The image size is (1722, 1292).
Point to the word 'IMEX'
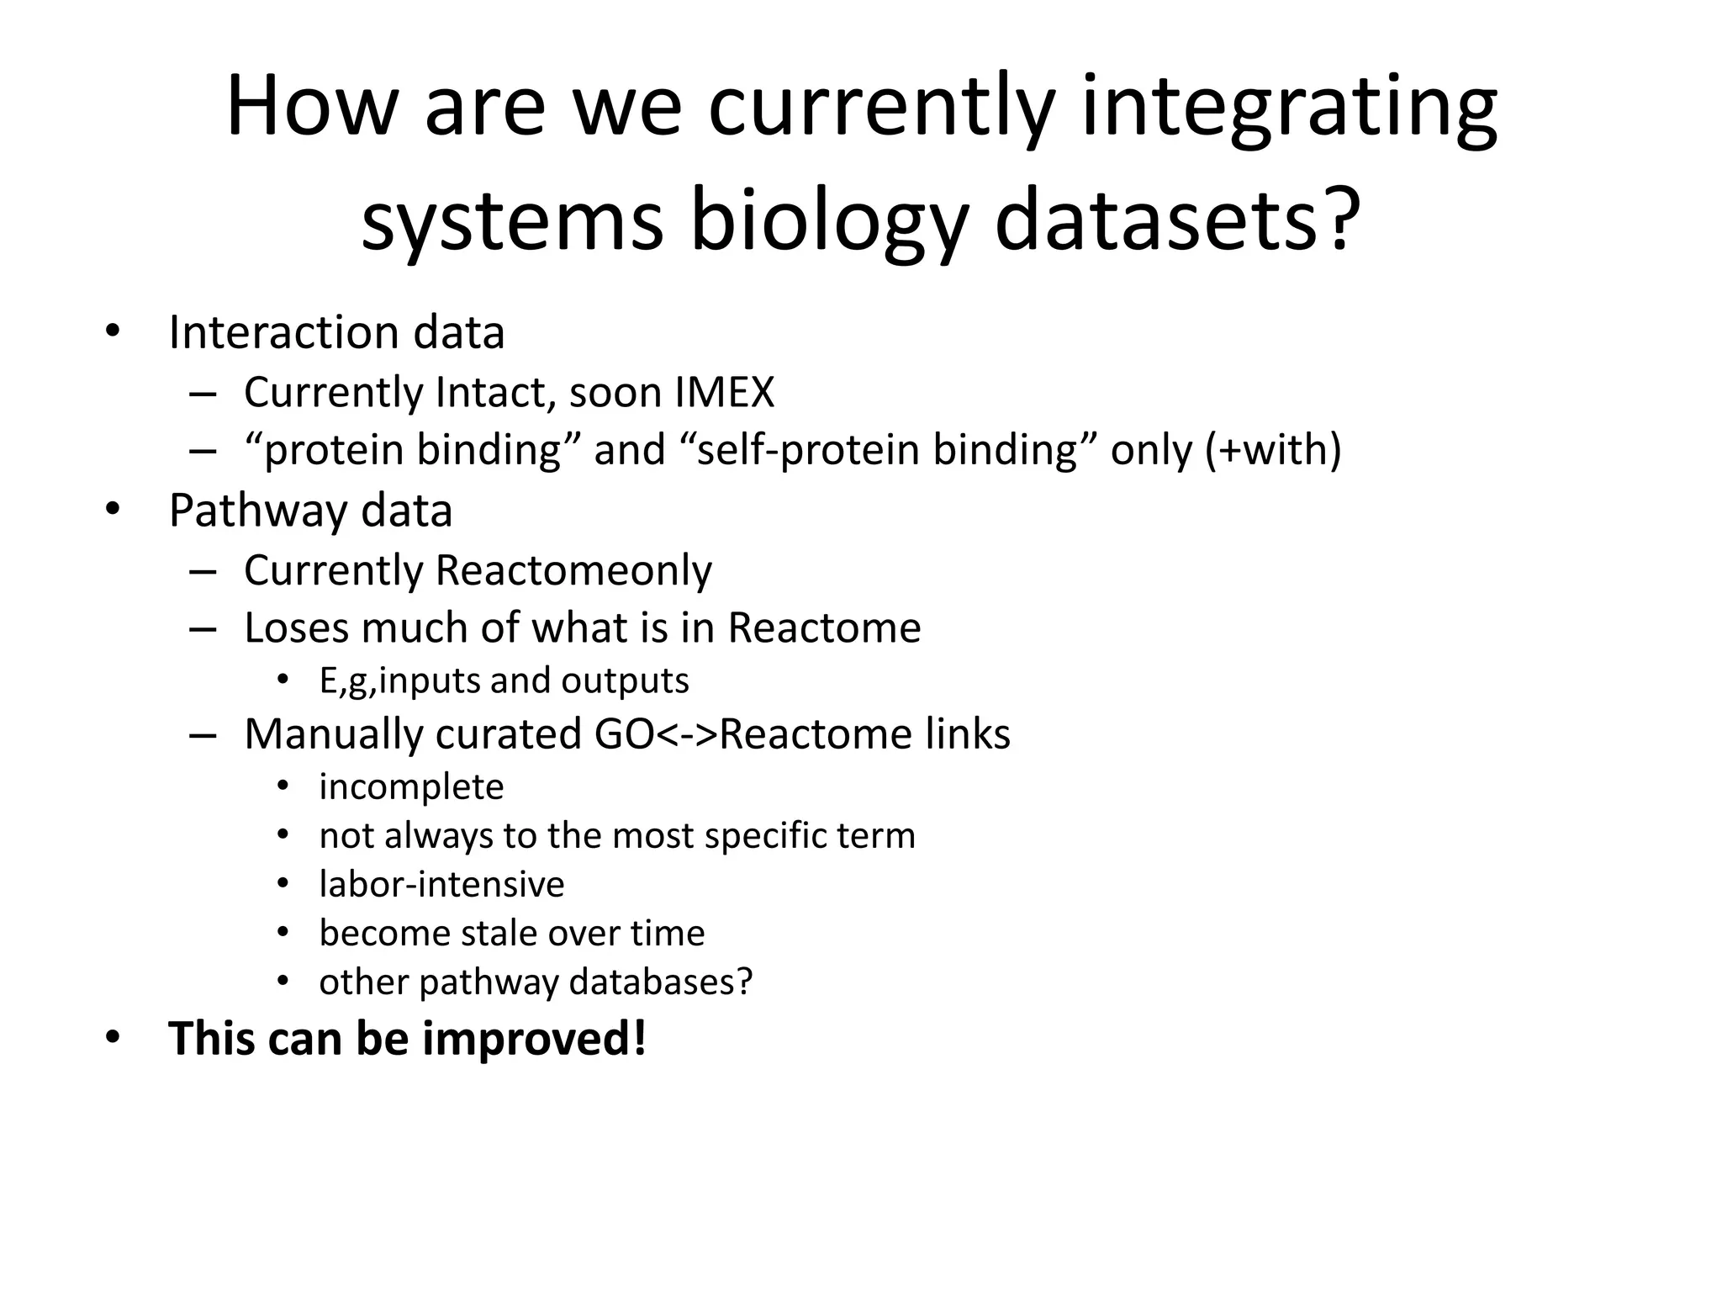coord(723,392)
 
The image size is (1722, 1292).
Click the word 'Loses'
coord(295,627)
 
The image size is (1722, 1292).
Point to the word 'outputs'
coord(625,680)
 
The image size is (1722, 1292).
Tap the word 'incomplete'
coord(411,787)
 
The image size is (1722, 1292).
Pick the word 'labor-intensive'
coord(441,884)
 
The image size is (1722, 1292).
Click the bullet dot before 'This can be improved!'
coord(113,1038)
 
